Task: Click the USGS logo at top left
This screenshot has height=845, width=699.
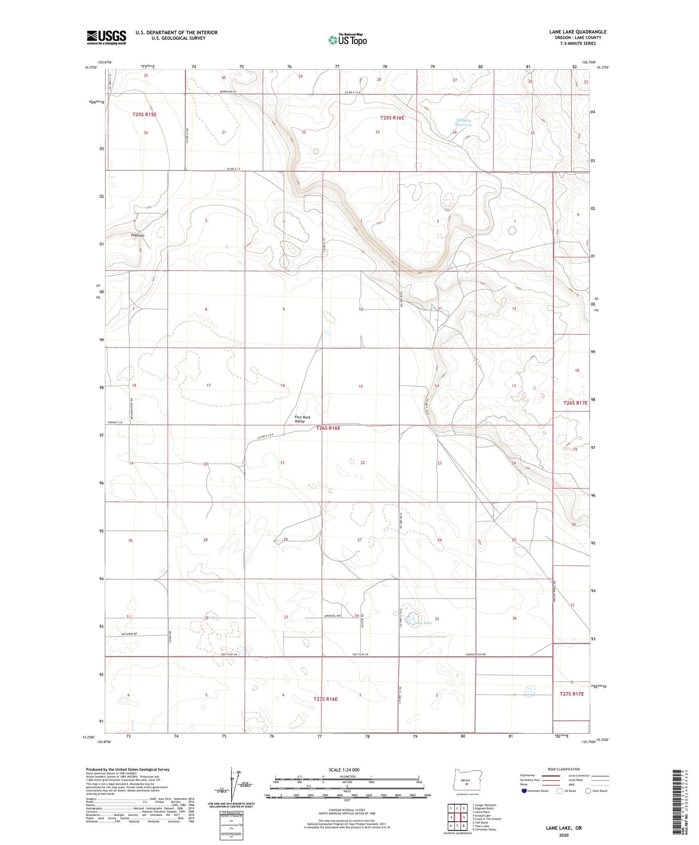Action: pyautogui.click(x=106, y=37)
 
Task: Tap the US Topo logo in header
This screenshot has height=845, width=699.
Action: pyautogui.click(x=347, y=40)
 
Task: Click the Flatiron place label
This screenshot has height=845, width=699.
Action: pyautogui.click(x=138, y=235)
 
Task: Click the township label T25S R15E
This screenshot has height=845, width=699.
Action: pyautogui.click(x=145, y=114)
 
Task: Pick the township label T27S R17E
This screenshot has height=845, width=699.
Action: pyautogui.click(x=572, y=694)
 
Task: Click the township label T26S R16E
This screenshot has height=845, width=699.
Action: pyautogui.click(x=328, y=428)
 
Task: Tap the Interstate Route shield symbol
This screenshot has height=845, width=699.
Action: pyautogui.click(x=524, y=791)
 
